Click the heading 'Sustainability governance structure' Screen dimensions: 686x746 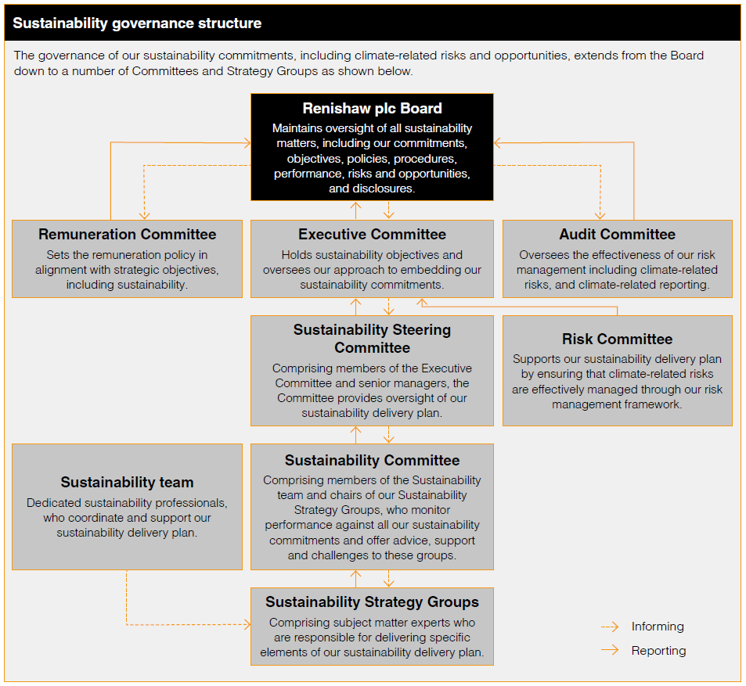pyautogui.click(x=137, y=23)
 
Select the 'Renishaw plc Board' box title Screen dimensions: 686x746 pyautogui.click(x=372, y=109)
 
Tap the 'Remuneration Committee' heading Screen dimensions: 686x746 pyautogui.click(x=128, y=234)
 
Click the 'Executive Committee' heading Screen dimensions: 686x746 pyautogui.click(x=372, y=234)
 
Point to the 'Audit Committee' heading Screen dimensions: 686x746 pyautogui.click(x=617, y=234)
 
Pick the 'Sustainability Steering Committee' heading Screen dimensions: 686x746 pyautogui.click(x=372, y=339)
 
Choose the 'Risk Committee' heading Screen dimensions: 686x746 pyautogui.click(x=617, y=339)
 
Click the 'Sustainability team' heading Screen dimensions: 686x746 pyautogui.click(x=127, y=483)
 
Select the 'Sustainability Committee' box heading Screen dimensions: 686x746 pyautogui.click(x=372, y=461)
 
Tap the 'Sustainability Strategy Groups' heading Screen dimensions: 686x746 pyautogui.click(x=372, y=602)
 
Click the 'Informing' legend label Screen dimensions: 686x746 pyautogui.click(x=658, y=627)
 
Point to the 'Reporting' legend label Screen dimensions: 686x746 pyautogui.click(x=658, y=651)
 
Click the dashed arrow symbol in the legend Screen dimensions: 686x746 pyautogui.click(x=611, y=627)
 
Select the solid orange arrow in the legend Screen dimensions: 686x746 pyautogui.click(x=611, y=651)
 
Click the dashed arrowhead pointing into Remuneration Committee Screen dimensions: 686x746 pyautogui.click(x=144, y=215)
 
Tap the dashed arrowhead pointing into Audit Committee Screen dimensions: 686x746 pyautogui.click(x=600, y=215)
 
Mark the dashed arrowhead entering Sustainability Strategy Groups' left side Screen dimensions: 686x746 pyautogui.click(x=247, y=624)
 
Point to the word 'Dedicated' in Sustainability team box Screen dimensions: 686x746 pyautogui.click(x=55, y=503)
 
